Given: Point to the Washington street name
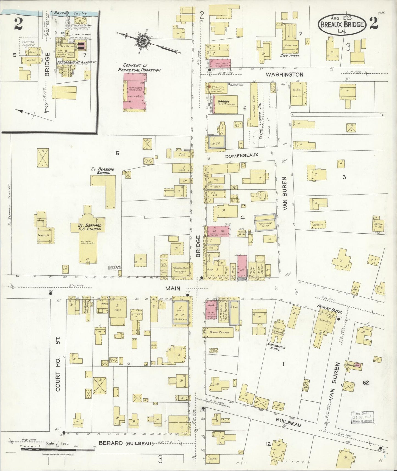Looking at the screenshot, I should click(x=284, y=74).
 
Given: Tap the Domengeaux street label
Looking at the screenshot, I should click(x=241, y=155).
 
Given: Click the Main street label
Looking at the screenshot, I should click(x=172, y=288).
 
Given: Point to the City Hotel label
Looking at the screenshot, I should click(x=290, y=56).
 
